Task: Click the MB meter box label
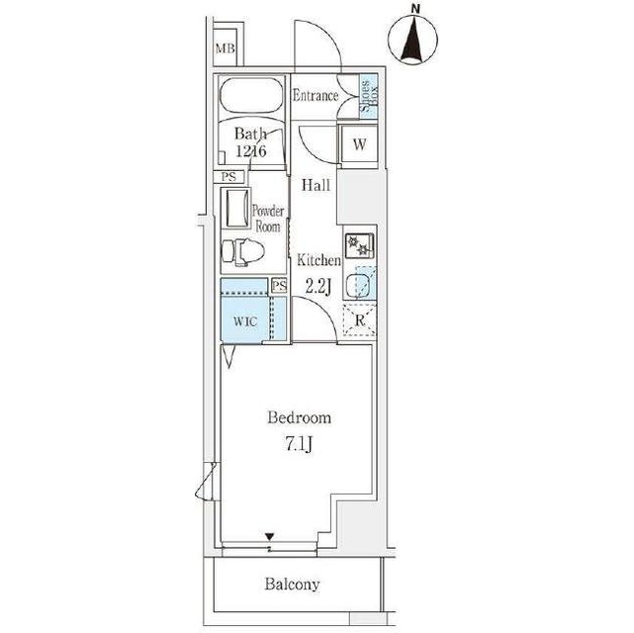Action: (225, 48)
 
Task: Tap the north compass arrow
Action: (412, 41)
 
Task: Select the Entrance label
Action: (315, 96)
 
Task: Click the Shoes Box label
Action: (369, 95)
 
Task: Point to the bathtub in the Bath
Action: (250, 95)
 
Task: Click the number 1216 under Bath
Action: (250, 151)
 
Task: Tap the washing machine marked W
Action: (359, 143)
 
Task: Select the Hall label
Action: (316, 185)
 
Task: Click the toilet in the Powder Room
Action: (243, 252)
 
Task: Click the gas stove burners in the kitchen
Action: (359, 245)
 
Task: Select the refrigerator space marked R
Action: (359, 320)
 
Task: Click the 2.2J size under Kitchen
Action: (318, 286)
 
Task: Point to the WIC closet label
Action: (245, 321)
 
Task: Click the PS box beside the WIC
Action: (279, 286)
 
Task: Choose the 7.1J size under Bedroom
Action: (299, 445)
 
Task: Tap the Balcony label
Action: (292, 584)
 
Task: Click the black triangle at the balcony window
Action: (270, 536)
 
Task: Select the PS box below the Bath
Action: (228, 177)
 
